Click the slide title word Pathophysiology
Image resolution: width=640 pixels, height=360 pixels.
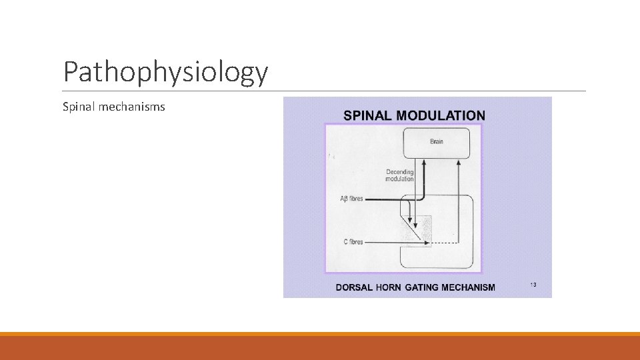click(x=165, y=73)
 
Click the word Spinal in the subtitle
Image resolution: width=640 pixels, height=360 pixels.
click(x=77, y=107)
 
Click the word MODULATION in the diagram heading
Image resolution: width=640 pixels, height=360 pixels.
click(x=441, y=115)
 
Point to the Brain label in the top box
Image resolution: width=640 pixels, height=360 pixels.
click(x=437, y=141)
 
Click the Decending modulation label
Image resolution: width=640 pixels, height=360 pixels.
click(x=400, y=175)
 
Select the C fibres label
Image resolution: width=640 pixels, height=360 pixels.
click(x=353, y=242)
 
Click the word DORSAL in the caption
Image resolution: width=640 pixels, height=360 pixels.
click(x=354, y=288)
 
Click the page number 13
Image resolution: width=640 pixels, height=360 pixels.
click(x=533, y=285)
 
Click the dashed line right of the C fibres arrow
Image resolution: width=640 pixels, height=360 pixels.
click(x=444, y=242)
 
